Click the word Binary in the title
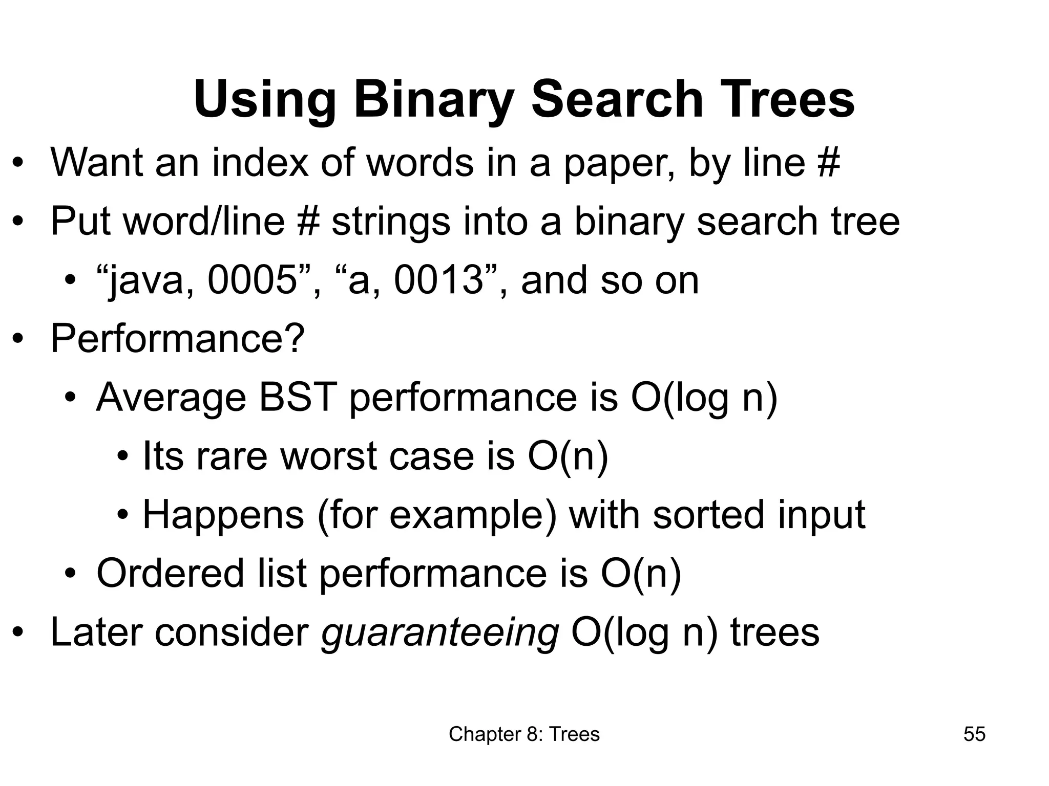[x=433, y=99]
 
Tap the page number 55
[x=974, y=734]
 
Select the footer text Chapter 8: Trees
[x=524, y=734]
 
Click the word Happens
[x=223, y=515]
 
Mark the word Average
[x=171, y=398]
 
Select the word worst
[x=328, y=456]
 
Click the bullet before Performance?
[x=18, y=339]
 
